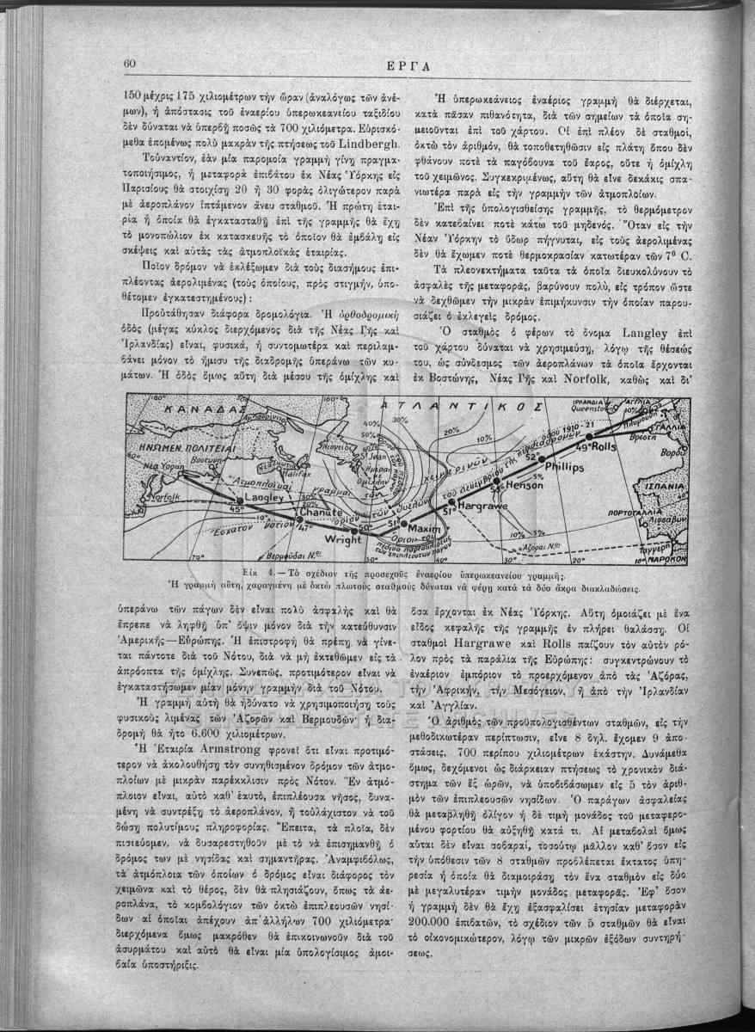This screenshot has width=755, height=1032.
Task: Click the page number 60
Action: pos(132,63)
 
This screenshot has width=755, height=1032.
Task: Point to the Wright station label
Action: pos(343,541)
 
